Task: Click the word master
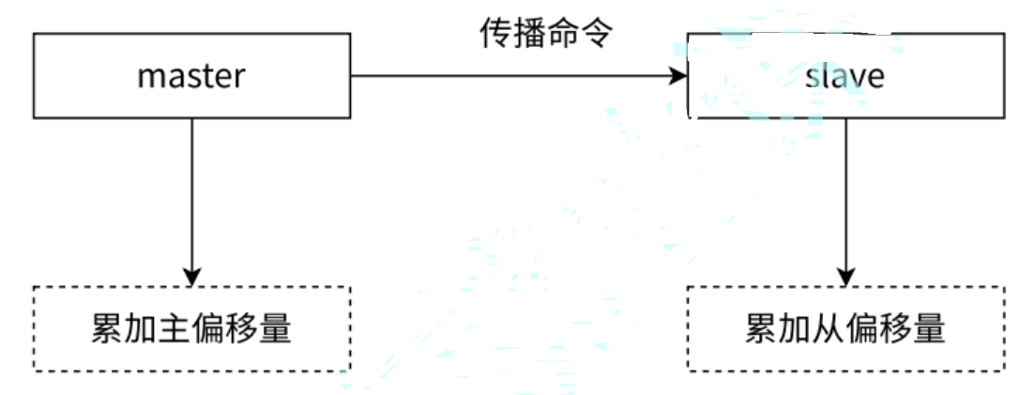click(x=191, y=76)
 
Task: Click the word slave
click(x=844, y=76)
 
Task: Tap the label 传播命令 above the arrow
click(x=545, y=34)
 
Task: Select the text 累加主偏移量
click(x=191, y=328)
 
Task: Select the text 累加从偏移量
click(x=844, y=328)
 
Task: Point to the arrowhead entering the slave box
click(x=677, y=76)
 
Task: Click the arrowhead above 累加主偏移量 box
click(x=191, y=277)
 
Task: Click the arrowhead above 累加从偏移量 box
click(x=846, y=277)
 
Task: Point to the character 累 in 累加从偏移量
click(x=762, y=328)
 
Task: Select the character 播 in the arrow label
click(x=528, y=34)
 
